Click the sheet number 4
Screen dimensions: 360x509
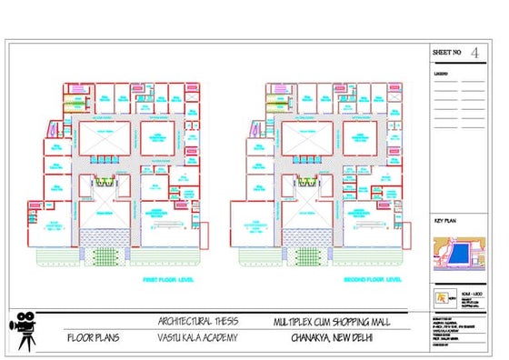click(x=474, y=54)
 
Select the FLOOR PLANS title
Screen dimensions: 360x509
click(x=95, y=338)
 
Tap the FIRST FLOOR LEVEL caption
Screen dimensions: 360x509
click(x=170, y=279)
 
